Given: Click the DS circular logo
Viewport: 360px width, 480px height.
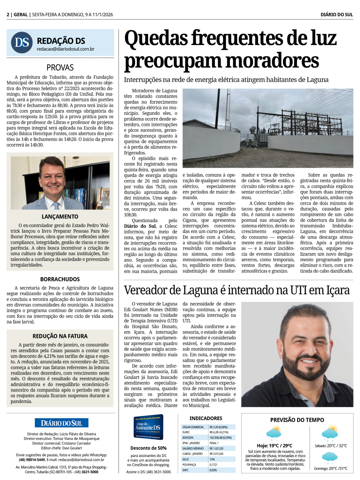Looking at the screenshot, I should click(22, 42).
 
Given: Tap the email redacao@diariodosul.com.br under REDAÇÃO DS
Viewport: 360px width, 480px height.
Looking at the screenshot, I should click(66, 49).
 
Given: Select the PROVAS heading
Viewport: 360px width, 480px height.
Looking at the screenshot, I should click(60, 67).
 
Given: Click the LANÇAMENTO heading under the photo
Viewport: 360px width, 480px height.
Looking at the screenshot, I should click(60, 217).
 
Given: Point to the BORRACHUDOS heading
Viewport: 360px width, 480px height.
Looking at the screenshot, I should click(60, 279).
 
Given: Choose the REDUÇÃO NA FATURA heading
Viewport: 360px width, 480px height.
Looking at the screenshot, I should click(60, 336).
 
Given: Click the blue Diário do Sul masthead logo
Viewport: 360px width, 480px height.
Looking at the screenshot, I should click(62, 423).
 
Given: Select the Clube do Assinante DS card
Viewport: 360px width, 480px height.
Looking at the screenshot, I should click(148, 427).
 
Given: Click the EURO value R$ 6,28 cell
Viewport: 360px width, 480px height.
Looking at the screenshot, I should click(219, 432).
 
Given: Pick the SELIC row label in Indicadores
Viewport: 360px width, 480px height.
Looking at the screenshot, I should click(186, 459).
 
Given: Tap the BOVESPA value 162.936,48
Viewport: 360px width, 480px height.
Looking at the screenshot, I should click(221, 438).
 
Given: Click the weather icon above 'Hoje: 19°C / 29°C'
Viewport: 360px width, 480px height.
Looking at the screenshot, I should click(274, 433).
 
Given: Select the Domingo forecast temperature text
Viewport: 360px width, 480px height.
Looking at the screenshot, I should click(330, 468).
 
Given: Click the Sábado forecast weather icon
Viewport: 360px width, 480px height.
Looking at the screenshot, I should click(330, 433).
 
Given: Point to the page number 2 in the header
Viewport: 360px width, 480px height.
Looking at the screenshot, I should click(8, 15).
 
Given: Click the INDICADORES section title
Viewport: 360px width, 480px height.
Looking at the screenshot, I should click(206, 418).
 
